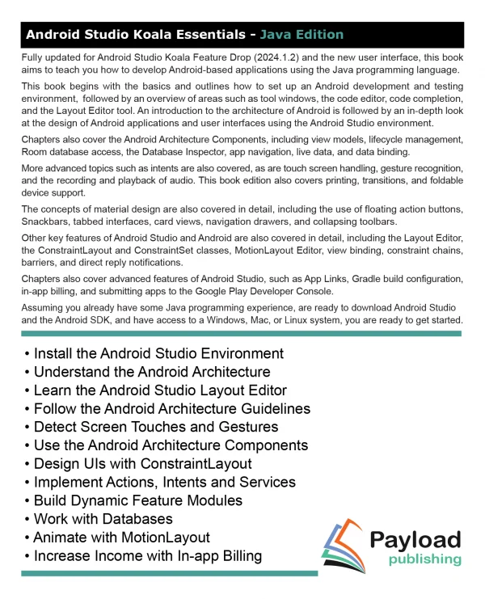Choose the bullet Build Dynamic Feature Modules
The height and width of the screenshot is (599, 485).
click(x=137, y=500)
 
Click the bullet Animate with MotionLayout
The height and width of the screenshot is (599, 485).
click(x=121, y=538)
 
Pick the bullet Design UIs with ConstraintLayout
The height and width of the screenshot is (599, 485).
click(x=142, y=463)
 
